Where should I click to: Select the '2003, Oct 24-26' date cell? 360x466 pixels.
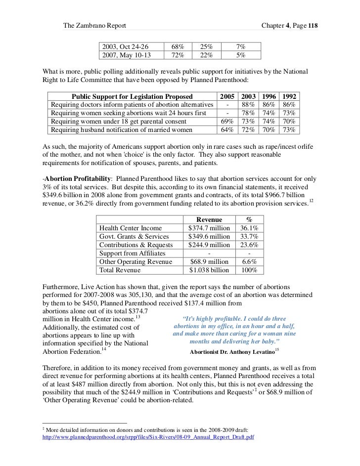tap(125, 46)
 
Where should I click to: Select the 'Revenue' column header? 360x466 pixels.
tap(210, 219)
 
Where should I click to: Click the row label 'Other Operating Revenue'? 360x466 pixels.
tap(135, 261)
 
